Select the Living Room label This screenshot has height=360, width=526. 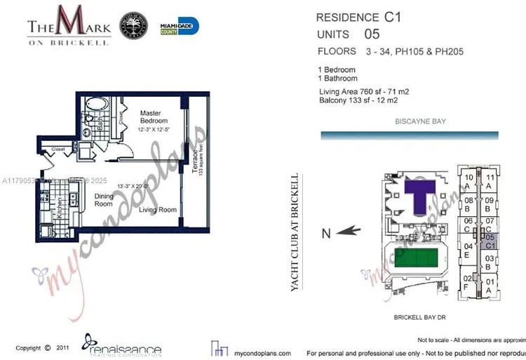156,209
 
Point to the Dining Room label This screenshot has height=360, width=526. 104,201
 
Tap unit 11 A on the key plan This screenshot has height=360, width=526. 490,182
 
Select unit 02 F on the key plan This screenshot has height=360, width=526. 467,282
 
